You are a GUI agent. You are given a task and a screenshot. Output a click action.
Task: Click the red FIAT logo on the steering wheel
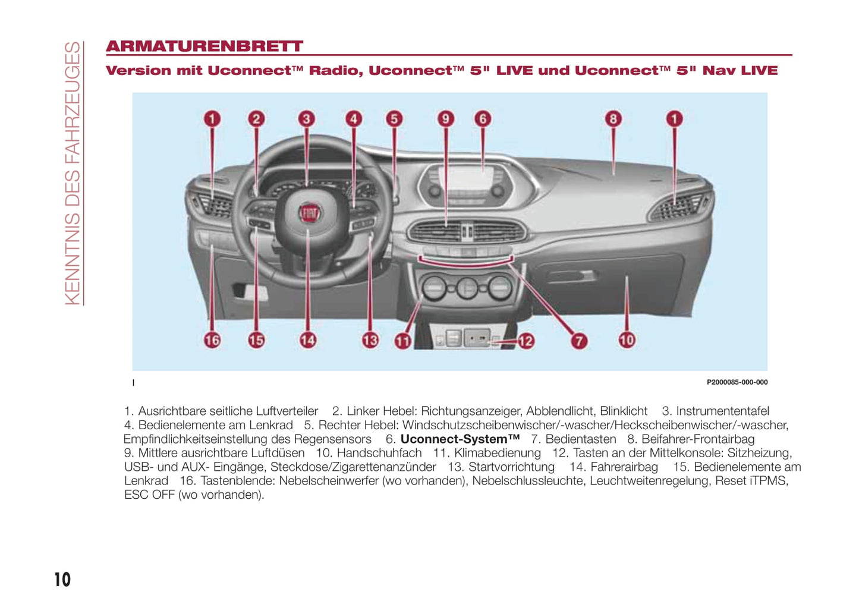click(310, 213)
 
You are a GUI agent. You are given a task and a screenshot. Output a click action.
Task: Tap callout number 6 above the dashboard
click(483, 119)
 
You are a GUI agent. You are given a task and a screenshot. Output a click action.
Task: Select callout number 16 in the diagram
click(212, 340)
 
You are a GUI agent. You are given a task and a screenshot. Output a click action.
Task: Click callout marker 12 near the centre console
click(526, 341)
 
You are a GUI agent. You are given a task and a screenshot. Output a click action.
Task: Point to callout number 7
click(579, 341)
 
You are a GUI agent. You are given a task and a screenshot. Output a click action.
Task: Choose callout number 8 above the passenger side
click(613, 119)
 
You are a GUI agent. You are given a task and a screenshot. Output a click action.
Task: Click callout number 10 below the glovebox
click(627, 340)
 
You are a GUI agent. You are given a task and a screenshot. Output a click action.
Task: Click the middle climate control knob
click(467, 288)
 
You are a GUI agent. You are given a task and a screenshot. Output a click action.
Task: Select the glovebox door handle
click(572, 275)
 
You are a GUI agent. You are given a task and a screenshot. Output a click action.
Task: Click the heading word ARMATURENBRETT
click(204, 46)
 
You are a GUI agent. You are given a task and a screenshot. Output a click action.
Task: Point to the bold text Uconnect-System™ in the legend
click(460, 439)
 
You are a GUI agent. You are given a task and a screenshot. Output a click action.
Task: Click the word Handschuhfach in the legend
click(379, 453)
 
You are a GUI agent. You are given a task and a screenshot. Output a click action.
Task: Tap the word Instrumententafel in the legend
click(722, 411)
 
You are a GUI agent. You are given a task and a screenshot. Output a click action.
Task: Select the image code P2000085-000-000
click(737, 382)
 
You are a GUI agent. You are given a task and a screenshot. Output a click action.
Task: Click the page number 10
click(62, 580)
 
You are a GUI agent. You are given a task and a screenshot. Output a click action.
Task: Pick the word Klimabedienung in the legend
click(498, 453)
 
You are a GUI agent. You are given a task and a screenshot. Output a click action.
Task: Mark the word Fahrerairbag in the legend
click(624, 467)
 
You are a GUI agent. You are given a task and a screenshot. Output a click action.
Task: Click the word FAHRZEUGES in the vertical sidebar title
click(73, 102)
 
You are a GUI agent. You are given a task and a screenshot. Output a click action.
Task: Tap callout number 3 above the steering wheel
click(306, 119)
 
